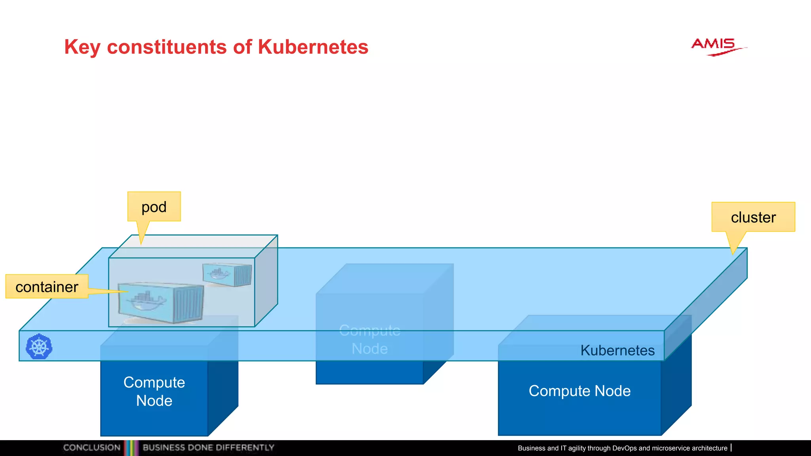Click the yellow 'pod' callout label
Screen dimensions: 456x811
154,207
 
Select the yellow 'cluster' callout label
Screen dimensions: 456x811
753,217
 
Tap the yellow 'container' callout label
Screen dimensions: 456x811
47,287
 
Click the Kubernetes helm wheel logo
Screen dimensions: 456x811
39,347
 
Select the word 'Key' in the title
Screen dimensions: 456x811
82,47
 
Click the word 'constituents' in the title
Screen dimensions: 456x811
167,47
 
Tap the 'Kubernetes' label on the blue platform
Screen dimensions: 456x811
617,350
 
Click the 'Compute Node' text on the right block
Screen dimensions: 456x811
579,391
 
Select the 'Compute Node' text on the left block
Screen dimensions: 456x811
154,391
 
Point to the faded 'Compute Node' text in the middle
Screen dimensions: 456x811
370,340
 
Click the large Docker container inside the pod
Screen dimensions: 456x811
161,302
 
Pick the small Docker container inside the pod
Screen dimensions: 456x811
227,274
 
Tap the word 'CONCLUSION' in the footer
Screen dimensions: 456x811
92,448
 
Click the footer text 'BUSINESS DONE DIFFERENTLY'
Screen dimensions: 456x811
208,448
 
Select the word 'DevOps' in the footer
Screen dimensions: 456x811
624,448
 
